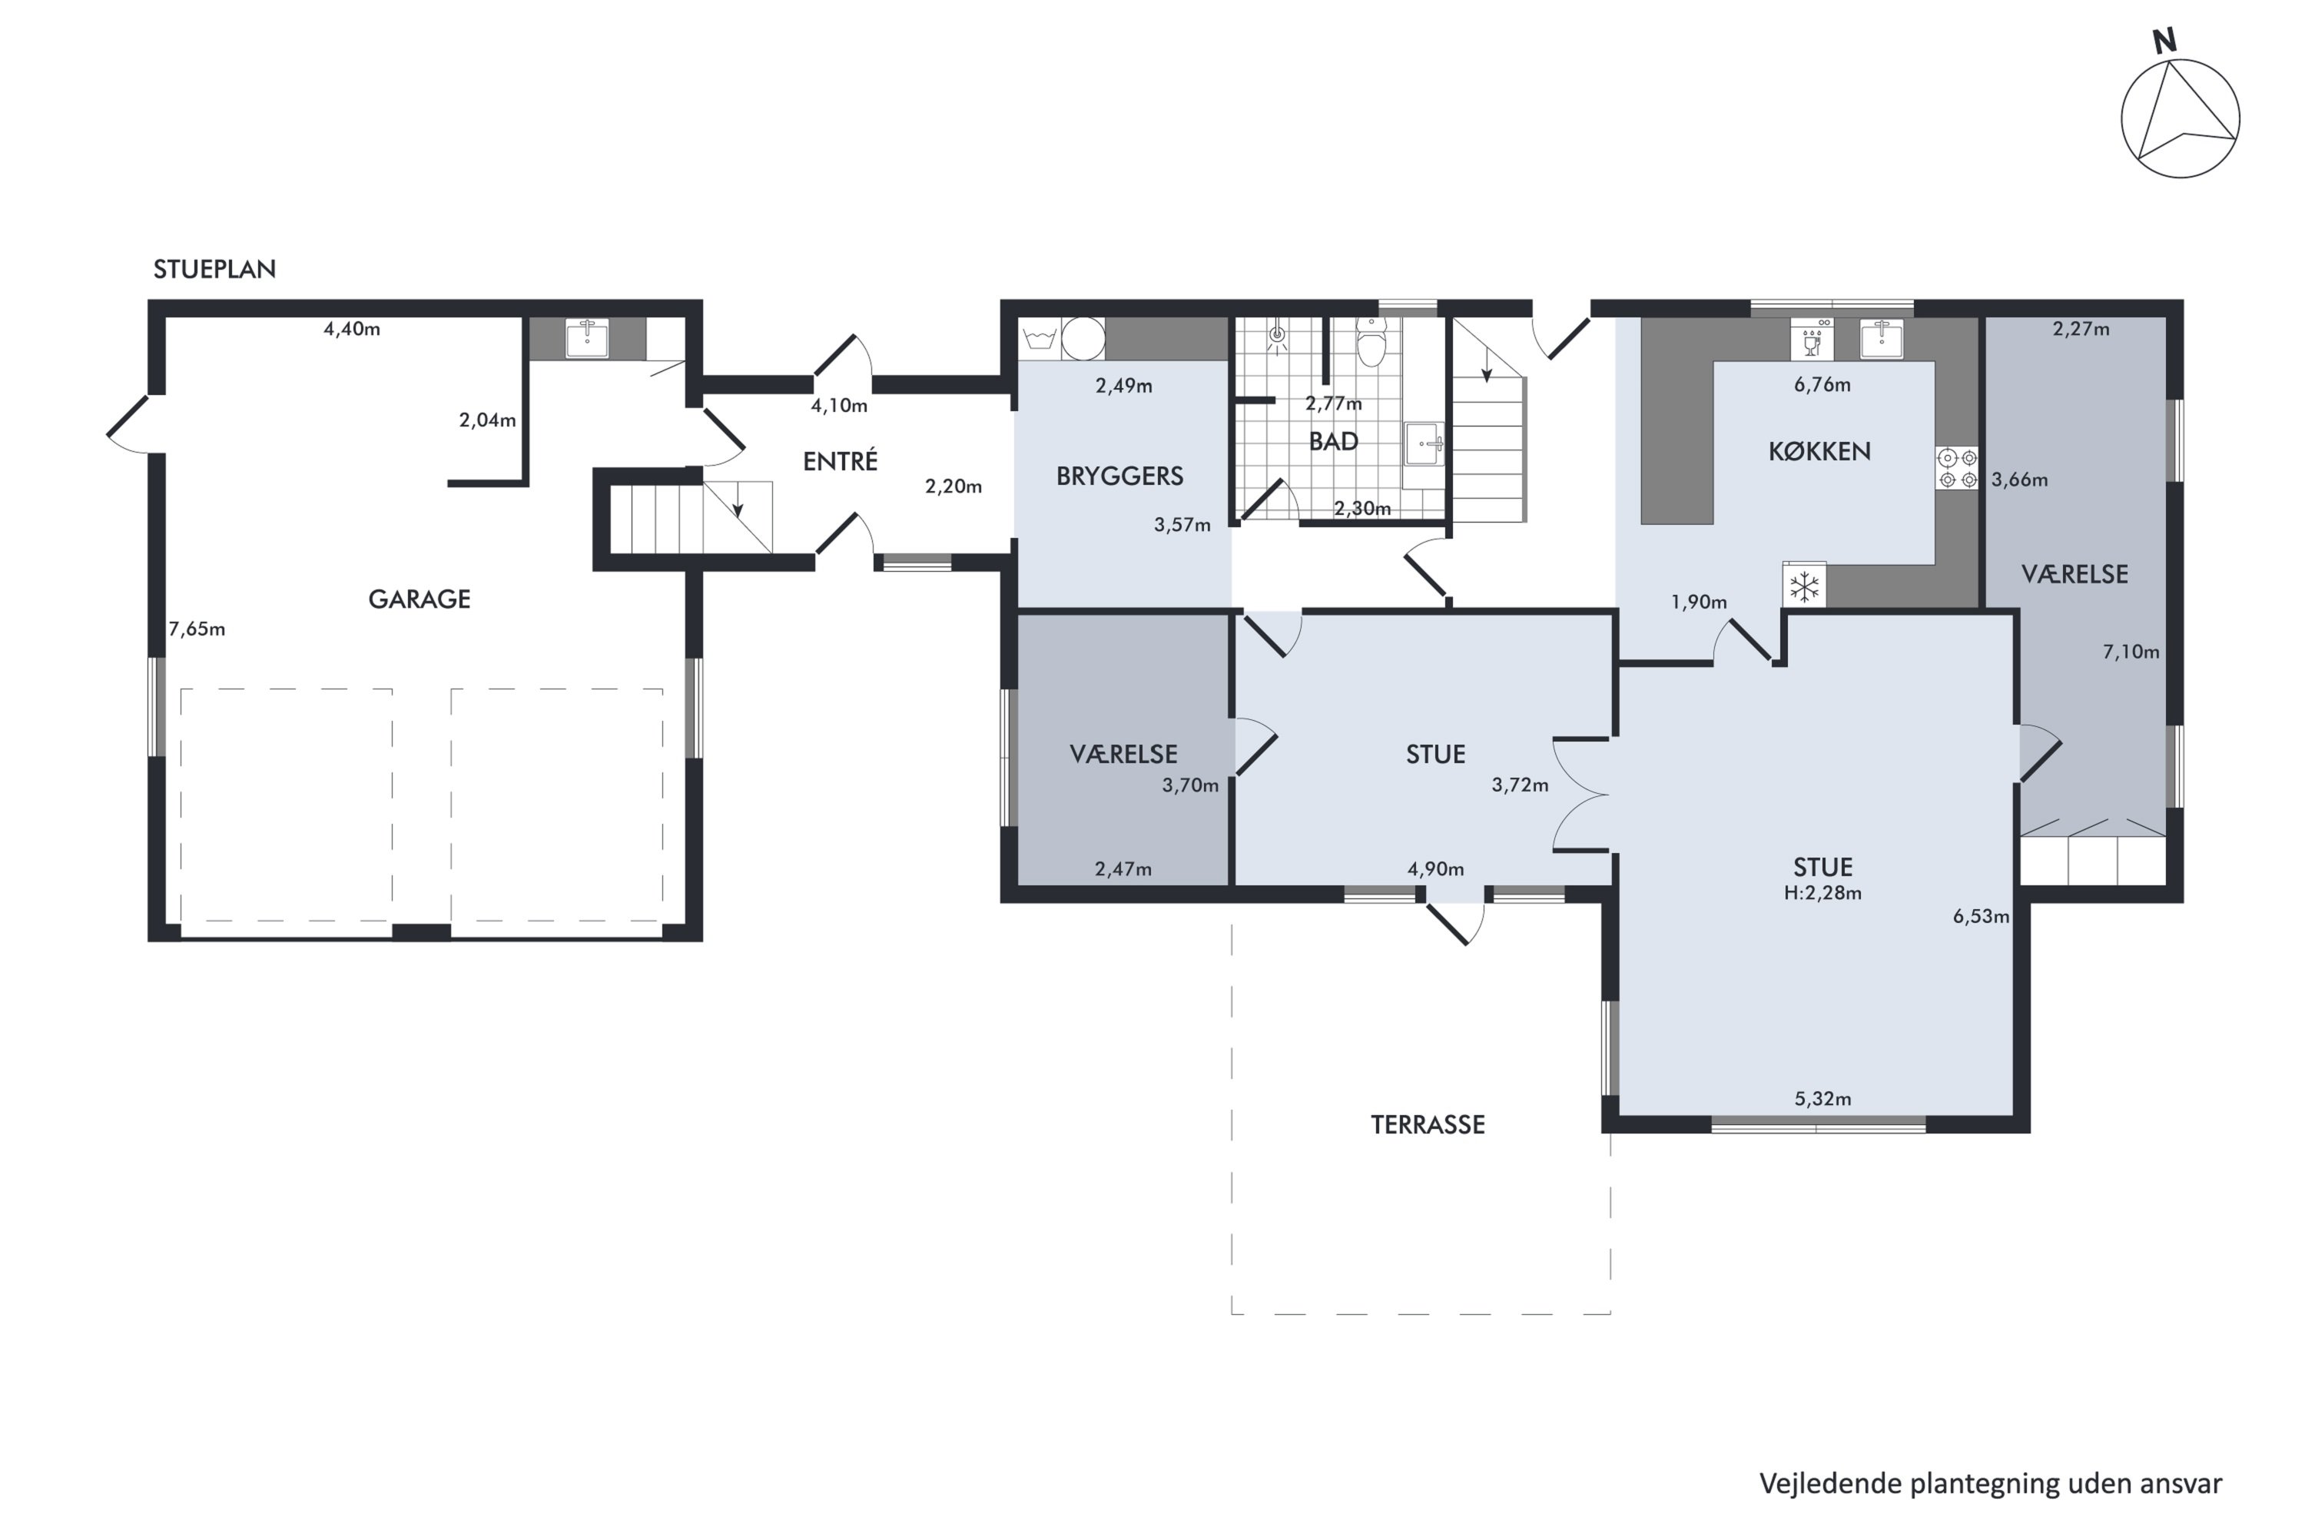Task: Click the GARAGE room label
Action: coord(420,599)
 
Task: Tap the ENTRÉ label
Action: coord(840,460)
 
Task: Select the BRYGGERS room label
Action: coord(1119,476)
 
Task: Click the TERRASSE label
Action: coord(1427,1124)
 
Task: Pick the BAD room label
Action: coord(1333,441)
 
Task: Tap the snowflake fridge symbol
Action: coord(1804,586)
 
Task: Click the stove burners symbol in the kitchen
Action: coord(1957,469)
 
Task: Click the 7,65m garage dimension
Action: coord(197,629)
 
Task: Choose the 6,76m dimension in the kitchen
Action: coord(1822,385)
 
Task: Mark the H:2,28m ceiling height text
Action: coord(1822,893)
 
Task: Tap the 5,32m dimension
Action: coord(1822,1099)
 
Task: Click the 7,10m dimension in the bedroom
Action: coord(2131,652)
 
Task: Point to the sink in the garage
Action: coord(587,338)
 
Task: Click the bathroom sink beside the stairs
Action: coord(1424,445)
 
